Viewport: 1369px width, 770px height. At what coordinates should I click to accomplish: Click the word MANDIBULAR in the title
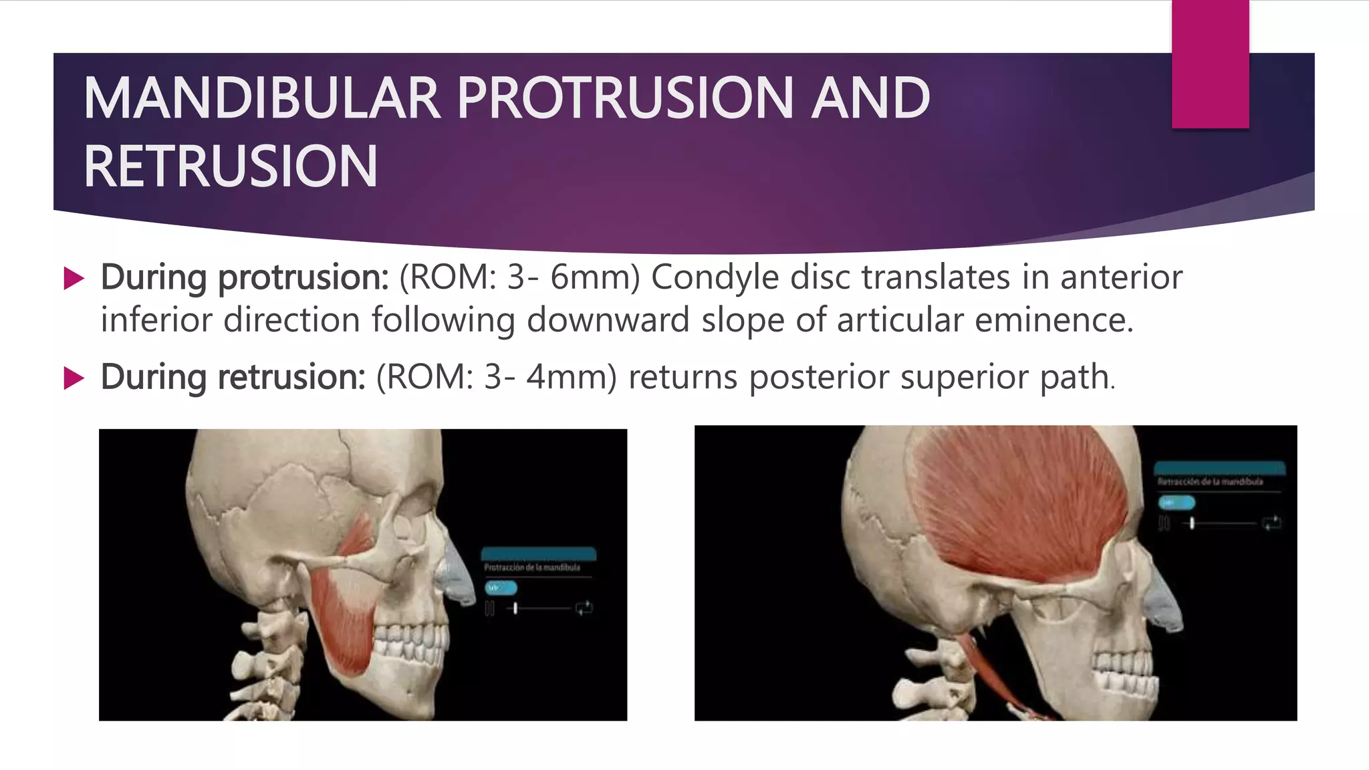(261, 98)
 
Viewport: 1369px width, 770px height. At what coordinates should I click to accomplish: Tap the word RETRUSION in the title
(231, 166)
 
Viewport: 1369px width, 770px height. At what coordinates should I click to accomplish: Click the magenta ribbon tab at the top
(1210, 64)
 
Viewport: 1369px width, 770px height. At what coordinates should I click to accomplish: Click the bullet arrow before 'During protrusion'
(74, 278)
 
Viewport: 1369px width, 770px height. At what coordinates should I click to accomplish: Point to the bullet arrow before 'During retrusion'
(74, 378)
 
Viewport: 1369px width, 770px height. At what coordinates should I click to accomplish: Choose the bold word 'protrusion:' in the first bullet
(303, 277)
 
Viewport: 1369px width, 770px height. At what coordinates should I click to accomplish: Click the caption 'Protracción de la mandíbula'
(532, 567)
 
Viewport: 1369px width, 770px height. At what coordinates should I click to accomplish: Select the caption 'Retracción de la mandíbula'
(1210, 481)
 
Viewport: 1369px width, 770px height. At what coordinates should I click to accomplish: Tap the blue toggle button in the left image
(501, 588)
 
